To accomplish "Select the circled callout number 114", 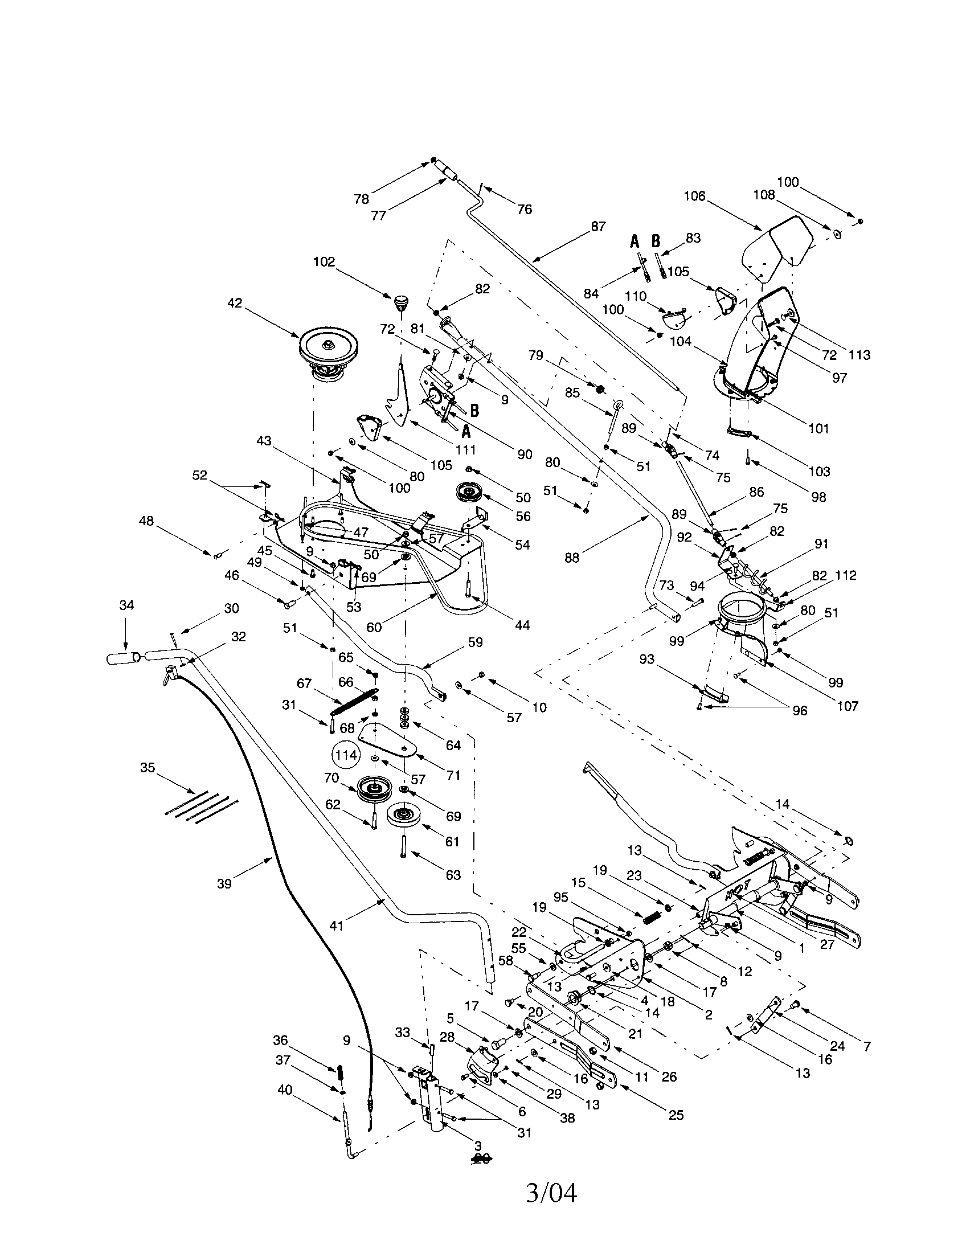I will click(346, 755).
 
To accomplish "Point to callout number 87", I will click(597, 227).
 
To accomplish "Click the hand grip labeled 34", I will click(122, 657).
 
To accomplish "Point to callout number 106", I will click(694, 196).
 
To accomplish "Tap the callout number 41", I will click(336, 926).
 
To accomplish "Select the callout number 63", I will click(453, 875).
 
